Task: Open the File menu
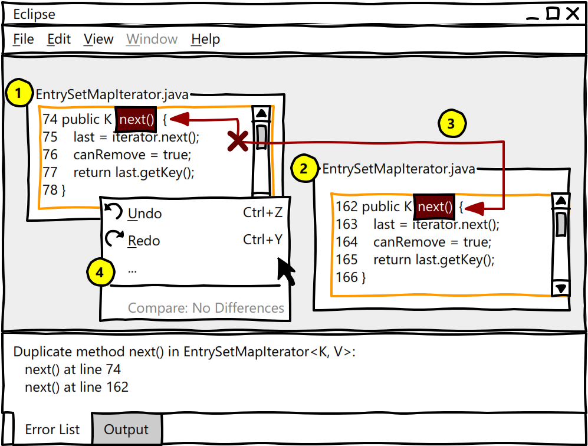[24, 40]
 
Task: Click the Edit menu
[59, 40]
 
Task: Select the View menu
[98, 40]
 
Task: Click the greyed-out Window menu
[152, 40]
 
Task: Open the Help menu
[205, 40]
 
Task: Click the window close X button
[572, 14]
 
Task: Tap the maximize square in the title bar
[553, 14]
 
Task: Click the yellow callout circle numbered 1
[19, 93]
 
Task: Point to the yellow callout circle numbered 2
[304, 169]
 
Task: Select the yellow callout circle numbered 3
[451, 124]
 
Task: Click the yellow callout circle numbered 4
[100, 273]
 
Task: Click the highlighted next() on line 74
[136, 120]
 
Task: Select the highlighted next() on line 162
[434, 207]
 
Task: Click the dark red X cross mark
[238, 141]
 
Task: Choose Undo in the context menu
[144, 214]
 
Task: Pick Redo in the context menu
[144, 241]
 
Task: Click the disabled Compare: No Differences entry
[206, 308]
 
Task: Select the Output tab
[126, 430]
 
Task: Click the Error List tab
[52, 430]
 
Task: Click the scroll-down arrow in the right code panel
[561, 288]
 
